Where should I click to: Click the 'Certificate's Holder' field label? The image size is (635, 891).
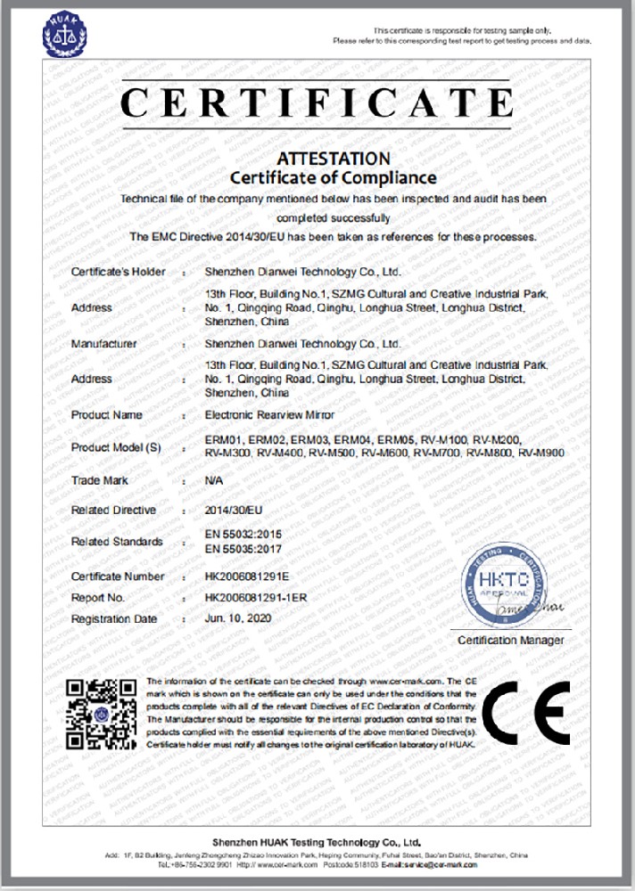point(118,272)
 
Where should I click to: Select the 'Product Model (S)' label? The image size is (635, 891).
point(115,446)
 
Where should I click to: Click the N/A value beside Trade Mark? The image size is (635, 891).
point(213,481)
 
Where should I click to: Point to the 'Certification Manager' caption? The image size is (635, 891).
point(511,641)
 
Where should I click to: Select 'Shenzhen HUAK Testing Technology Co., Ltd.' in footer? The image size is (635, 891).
point(317,841)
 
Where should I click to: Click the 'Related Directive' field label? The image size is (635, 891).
point(113,511)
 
